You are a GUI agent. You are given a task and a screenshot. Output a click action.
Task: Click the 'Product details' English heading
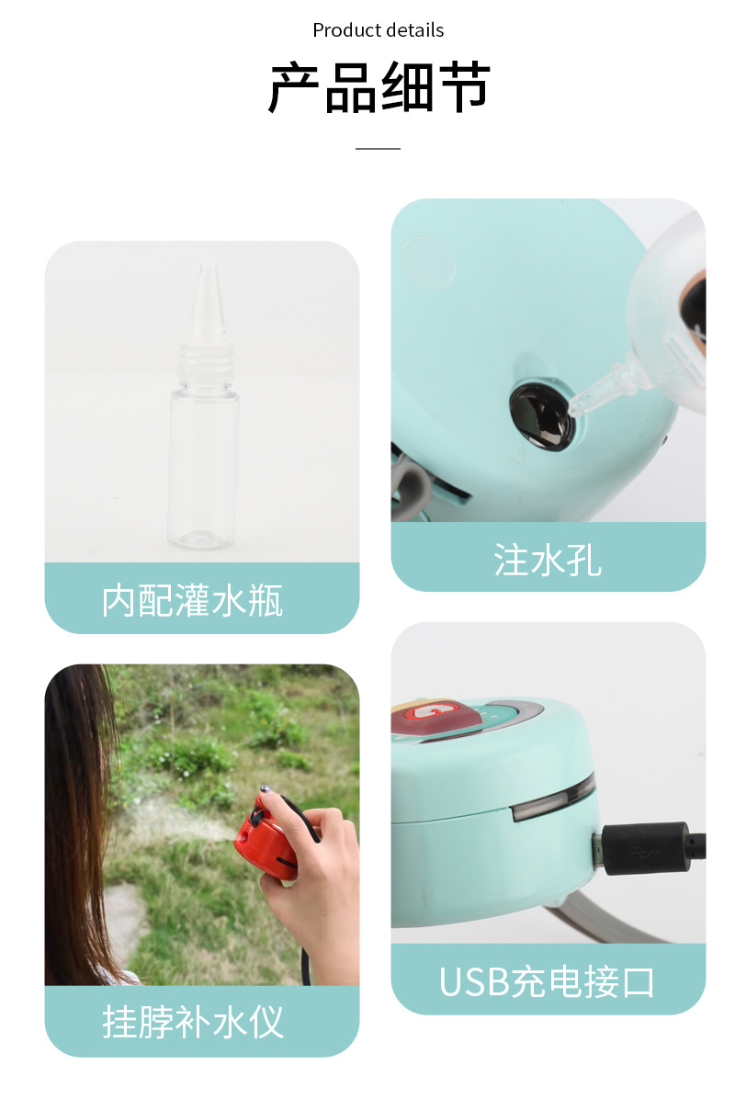378,30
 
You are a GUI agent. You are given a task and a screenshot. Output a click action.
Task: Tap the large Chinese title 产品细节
379,88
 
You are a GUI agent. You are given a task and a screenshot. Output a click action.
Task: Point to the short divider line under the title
378,148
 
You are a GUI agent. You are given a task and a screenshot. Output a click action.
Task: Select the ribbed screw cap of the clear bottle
205,361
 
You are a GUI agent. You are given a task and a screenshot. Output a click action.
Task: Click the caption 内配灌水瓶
192,601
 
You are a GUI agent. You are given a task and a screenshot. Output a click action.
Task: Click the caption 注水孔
548,560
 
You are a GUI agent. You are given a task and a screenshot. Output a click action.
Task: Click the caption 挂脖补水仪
192,1022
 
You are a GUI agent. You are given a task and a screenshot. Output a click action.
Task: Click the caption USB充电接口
547,982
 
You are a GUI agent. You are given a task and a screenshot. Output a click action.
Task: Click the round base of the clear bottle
201,538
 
